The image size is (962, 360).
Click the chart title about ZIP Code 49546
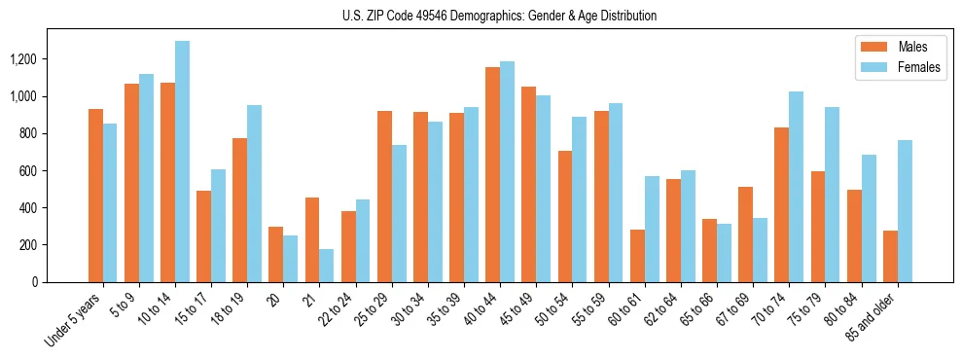point(500,16)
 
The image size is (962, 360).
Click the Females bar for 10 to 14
point(183,162)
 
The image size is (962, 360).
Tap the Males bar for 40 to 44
point(493,174)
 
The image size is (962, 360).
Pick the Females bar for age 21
point(327,266)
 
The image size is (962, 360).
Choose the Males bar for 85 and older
point(890,256)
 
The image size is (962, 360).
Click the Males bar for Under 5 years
point(95,196)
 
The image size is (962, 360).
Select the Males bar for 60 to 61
point(637,256)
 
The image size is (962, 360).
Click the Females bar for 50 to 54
point(580,199)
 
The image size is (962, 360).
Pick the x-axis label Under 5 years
point(73,322)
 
